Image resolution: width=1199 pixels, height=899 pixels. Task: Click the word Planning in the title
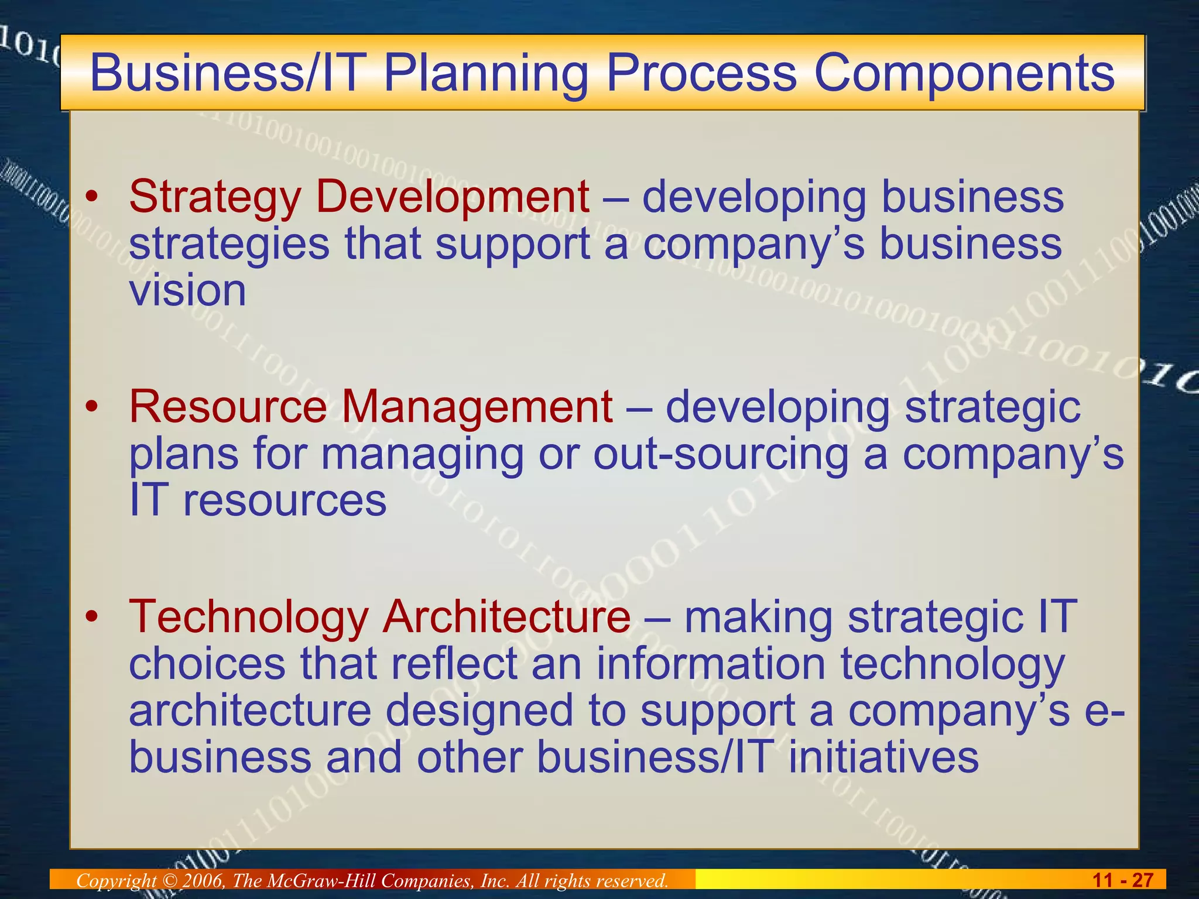[485, 74]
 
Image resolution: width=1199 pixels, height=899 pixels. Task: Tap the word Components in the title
[964, 74]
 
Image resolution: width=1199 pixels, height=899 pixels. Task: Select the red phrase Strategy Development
[359, 197]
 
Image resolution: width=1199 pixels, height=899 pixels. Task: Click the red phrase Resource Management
[371, 407]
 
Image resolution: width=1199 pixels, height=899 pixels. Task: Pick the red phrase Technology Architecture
[379, 617]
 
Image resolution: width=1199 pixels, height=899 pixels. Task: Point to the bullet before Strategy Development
[91, 198]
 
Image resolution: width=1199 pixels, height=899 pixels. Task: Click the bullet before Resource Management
[91, 408]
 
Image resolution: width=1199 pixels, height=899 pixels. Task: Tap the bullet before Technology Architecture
[91, 618]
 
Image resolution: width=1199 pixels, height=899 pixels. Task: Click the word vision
[187, 291]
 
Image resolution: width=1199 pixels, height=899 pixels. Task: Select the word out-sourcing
[721, 455]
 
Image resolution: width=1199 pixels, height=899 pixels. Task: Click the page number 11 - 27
[1123, 880]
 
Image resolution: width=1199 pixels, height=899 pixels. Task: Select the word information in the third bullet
[711, 664]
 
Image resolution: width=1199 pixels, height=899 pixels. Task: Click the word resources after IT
[285, 502]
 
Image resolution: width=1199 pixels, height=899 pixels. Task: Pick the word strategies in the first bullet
[229, 245]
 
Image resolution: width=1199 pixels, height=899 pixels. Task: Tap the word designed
[479, 711]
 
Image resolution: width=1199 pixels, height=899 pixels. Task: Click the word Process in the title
[701, 74]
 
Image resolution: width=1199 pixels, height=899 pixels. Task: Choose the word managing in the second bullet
[422, 455]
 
